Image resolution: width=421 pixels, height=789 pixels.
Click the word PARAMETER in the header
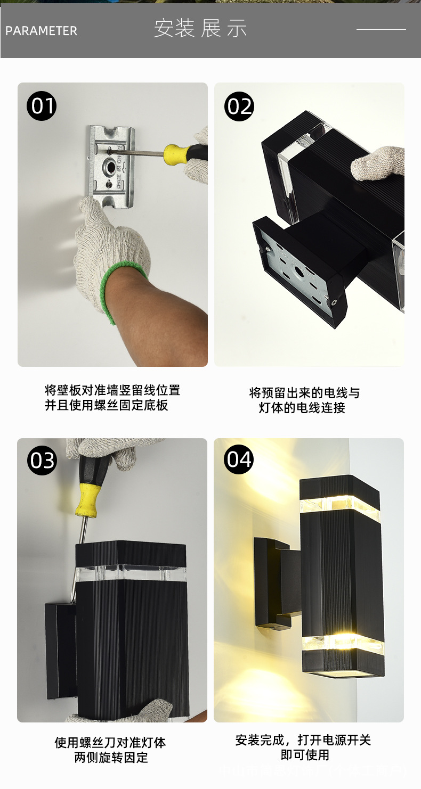[x=41, y=31]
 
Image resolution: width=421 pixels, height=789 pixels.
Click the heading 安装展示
[x=200, y=29]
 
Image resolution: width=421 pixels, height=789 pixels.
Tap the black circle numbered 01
[x=42, y=106]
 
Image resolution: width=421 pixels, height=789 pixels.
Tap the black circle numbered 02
[x=239, y=106]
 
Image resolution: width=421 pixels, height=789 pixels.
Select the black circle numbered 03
[x=42, y=461]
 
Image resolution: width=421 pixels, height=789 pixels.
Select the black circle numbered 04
[x=239, y=459]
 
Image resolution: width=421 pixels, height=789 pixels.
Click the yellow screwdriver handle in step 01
[x=177, y=153]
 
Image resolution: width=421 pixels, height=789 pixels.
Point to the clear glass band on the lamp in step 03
[x=131, y=573]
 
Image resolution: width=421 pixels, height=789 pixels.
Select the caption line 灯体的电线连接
[x=302, y=408]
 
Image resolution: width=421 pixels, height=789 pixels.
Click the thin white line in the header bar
[x=381, y=29]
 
